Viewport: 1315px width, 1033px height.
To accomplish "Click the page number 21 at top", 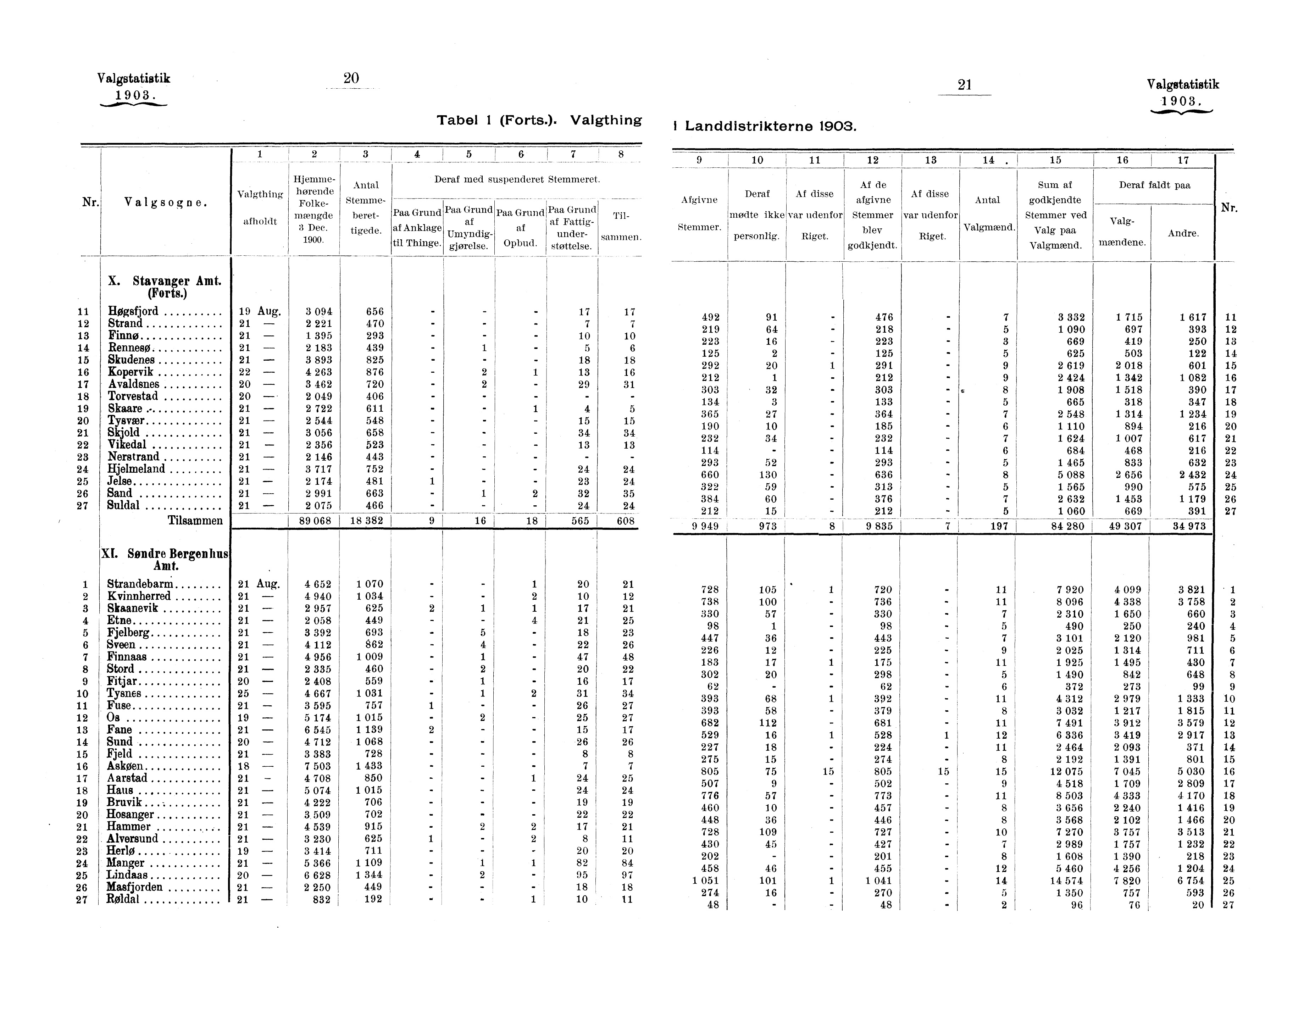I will pos(964,85).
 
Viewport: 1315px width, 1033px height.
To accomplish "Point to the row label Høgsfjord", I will pos(133,311).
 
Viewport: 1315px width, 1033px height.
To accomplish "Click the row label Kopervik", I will pos(131,372).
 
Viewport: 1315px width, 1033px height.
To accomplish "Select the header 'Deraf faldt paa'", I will pos(1154,185).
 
